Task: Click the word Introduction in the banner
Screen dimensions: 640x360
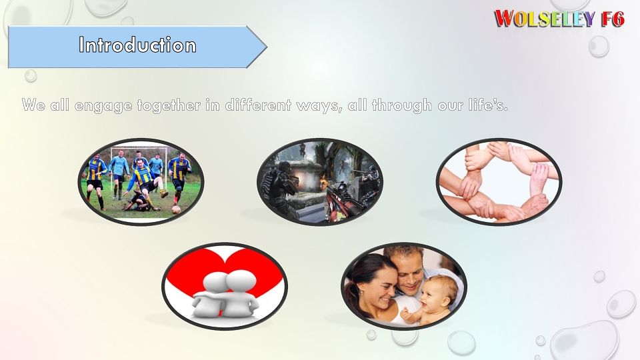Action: pyautogui.click(x=137, y=45)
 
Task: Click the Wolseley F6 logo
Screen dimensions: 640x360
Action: pyautogui.click(x=559, y=19)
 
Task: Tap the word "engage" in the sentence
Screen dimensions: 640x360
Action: pyautogui.click(x=103, y=106)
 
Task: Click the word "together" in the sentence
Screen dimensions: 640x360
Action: pyautogui.click(x=169, y=105)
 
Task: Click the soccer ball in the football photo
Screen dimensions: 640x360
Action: pyautogui.click(x=176, y=210)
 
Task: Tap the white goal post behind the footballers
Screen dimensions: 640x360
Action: pyautogui.click(x=139, y=148)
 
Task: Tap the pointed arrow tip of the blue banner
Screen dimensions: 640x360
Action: pyautogui.click(x=267, y=47)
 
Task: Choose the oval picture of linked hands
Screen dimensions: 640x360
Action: pyautogui.click(x=499, y=181)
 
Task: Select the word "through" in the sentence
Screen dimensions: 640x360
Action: pyautogui.click(x=401, y=105)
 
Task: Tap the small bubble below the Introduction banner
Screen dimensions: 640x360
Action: pyautogui.click(x=31, y=75)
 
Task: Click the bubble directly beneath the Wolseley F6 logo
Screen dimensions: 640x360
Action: pyautogui.click(x=599, y=46)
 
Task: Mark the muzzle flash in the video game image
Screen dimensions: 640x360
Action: pyautogui.click(x=299, y=178)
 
